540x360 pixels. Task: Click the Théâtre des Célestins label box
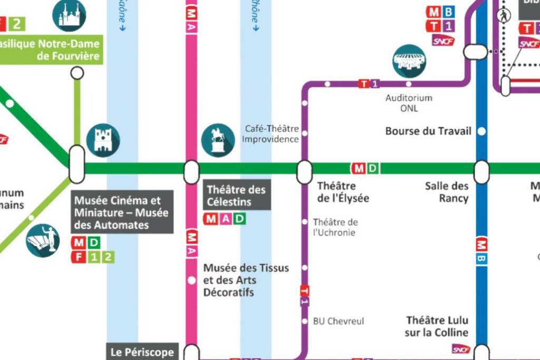click(236, 196)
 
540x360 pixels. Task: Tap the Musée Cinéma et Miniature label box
click(122, 212)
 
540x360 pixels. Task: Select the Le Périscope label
click(142, 352)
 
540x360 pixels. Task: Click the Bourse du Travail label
click(428, 131)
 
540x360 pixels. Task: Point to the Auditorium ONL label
click(409, 103)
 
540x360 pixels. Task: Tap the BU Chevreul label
click(338, 321)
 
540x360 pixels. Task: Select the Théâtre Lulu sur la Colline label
click(437, 326)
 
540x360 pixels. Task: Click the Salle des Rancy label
click(447, 192)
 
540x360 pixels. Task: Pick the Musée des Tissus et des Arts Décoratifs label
click(246, 280)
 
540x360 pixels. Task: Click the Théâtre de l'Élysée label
click(343, 192)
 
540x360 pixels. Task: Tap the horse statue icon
click(218, 140)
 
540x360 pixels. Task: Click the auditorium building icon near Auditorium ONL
click(409, 61)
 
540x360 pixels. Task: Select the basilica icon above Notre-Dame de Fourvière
click(69, 15)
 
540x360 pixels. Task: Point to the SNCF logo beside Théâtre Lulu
click(460, 349)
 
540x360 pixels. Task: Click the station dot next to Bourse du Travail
click(481, 131)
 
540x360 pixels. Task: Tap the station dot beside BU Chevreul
click(304, 321)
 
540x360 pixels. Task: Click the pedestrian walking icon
click(504, 15)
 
